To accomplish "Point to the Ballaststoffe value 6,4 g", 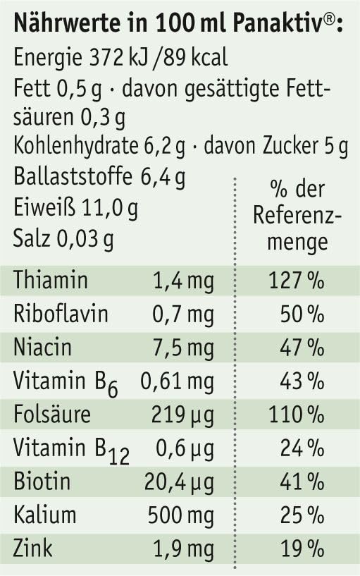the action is point(163,178).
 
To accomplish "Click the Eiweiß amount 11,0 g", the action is point(109,208).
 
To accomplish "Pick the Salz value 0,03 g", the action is point(85,239).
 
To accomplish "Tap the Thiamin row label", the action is point(51,280).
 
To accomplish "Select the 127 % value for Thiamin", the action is point(297,281).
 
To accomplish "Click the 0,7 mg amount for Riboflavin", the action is point(182,314).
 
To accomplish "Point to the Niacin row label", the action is point(42,347).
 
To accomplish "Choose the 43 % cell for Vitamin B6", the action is point(302,381).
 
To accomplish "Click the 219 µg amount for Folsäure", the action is point(182,415).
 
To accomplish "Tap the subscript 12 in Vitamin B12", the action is point(119,457).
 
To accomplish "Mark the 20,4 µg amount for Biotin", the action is point(179,482).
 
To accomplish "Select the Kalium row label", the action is point(45,515).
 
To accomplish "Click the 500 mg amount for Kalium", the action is point(181,515).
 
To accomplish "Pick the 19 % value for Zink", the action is point(302,549).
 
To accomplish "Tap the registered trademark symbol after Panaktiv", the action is point(330,19).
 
